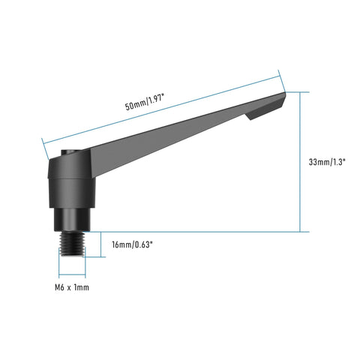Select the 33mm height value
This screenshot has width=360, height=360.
tap(318, 162)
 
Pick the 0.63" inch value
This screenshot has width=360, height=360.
tap(145, 245)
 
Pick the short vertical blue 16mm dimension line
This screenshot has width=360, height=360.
tap(102, 244)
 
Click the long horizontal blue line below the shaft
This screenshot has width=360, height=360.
tap(195, 232)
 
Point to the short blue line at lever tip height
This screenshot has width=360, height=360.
tap(297, 91)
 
